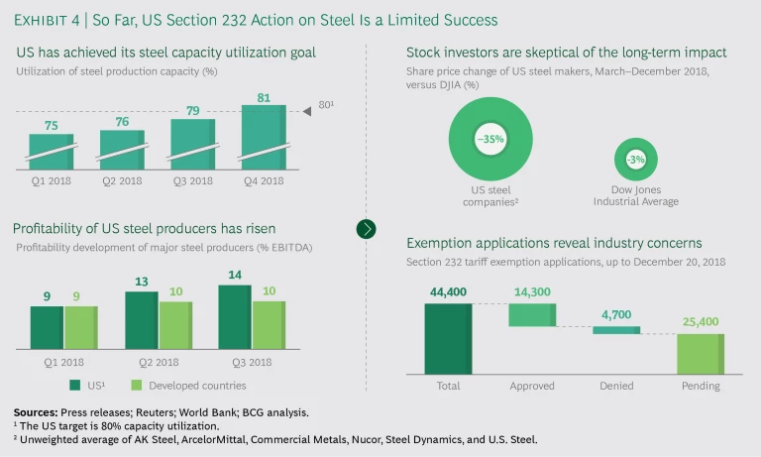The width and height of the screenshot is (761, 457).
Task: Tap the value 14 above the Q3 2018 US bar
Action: pos(234,276)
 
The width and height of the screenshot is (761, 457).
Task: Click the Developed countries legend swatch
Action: pos(139,385)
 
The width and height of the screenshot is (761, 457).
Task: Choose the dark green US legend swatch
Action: pos(74,385)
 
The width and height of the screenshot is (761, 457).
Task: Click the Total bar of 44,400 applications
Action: pos(448,339)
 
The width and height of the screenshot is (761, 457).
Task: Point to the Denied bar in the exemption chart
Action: pos(616,330)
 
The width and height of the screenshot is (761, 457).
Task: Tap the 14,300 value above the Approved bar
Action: pos(533,293)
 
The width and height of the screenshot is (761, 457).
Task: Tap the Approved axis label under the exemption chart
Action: pos(532,386)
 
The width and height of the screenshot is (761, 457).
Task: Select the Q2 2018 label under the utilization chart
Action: pos(122,180)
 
